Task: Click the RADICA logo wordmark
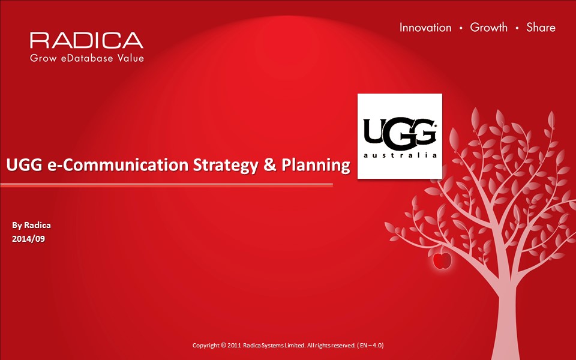86,40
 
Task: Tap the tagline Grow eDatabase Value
86,58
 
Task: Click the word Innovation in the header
425,28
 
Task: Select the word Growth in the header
488,27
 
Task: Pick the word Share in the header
541,27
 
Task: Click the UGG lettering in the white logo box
400,134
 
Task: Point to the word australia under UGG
400,155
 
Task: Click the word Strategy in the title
226,166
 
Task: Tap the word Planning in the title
316,166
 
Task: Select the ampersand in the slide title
270,164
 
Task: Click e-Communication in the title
118,164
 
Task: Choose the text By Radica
31,225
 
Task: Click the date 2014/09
28,239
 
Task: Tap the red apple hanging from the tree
442,260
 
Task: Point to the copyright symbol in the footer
223,346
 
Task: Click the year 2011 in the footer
234,346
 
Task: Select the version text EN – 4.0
371,346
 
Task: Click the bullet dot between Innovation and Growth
461,28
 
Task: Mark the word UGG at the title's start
25,164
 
